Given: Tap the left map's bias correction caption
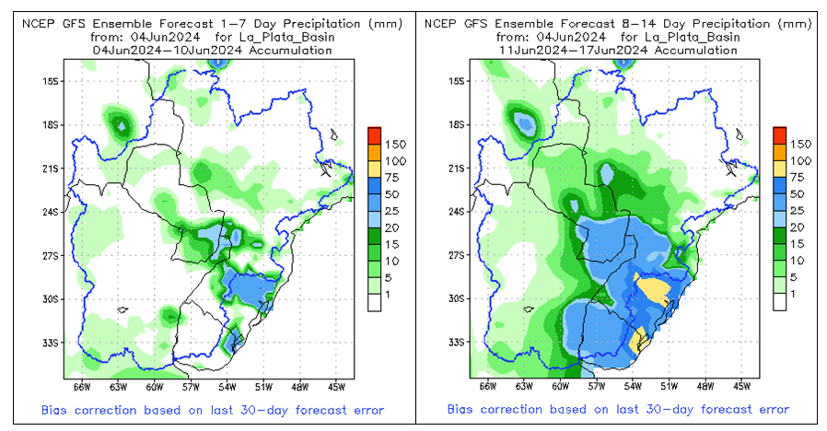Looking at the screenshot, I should click(212, 410).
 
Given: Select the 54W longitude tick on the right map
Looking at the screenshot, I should click(634, 386).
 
